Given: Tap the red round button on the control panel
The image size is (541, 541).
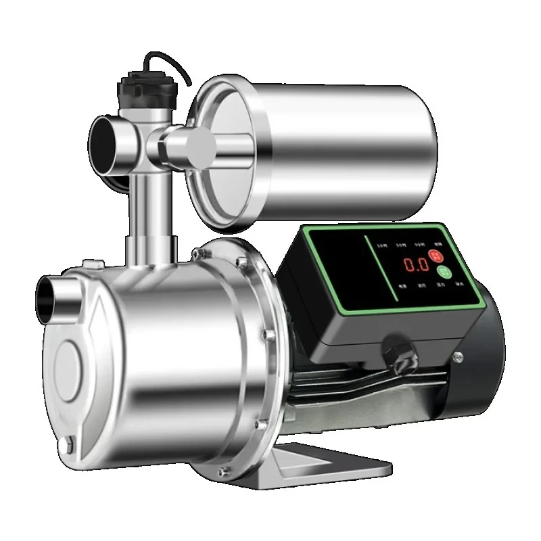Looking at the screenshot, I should point(436,256).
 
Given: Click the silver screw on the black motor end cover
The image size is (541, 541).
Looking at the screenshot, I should point(458,354).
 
